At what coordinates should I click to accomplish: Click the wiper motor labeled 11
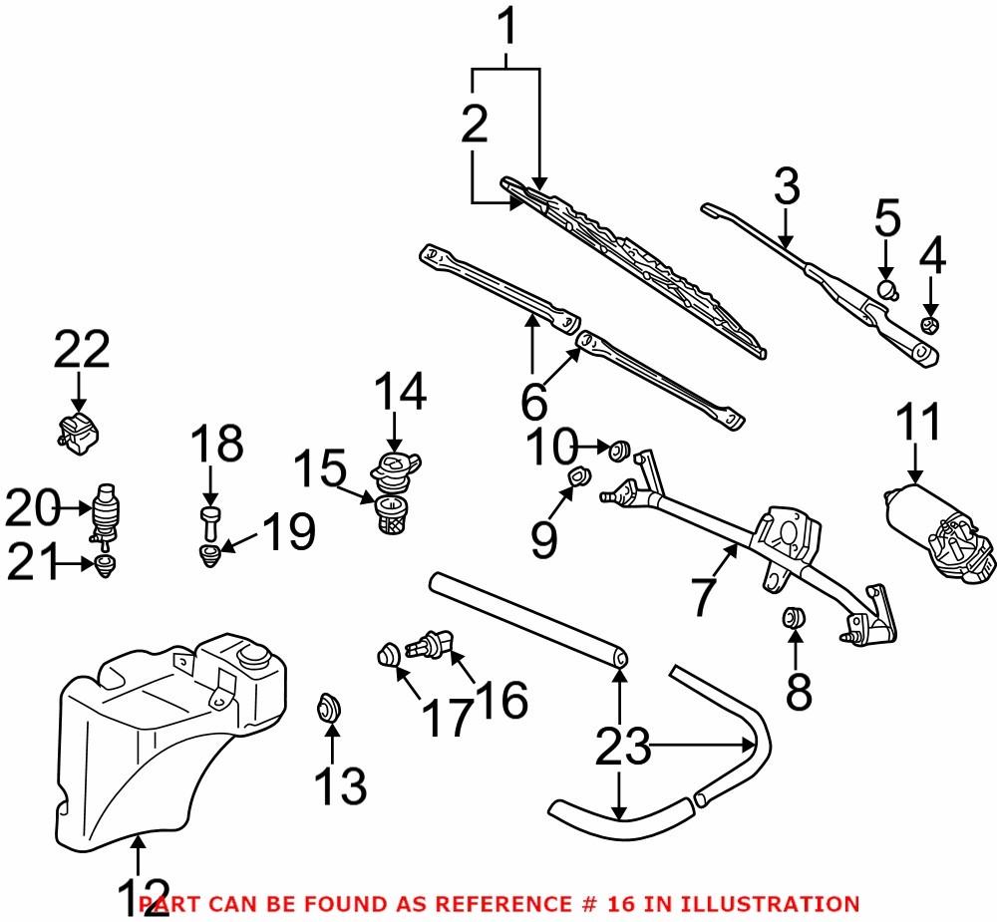[x=937, y=528]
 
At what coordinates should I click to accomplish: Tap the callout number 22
[x=82, y=351]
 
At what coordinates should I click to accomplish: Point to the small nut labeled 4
[x=929, y=325]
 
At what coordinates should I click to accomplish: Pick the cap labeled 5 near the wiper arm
[x=886, y=290]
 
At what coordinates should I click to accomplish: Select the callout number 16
[x=502, y=701]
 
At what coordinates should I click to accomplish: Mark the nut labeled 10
[x=618, y=452]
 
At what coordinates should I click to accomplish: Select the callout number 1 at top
[x=508, y=30]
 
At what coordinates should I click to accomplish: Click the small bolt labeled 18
[x=209, y=516]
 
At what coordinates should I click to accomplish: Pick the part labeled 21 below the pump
[x=104, y=568]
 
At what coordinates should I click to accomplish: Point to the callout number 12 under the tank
[x=142, y=897]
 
